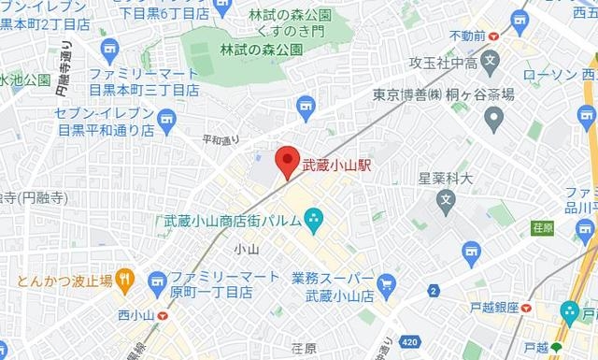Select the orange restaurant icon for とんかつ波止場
click(x=126, y=279)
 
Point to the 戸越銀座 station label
click(x=494, y=307)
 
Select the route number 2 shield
click(x=434, y=291)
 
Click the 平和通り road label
click(x=221, y=140)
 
